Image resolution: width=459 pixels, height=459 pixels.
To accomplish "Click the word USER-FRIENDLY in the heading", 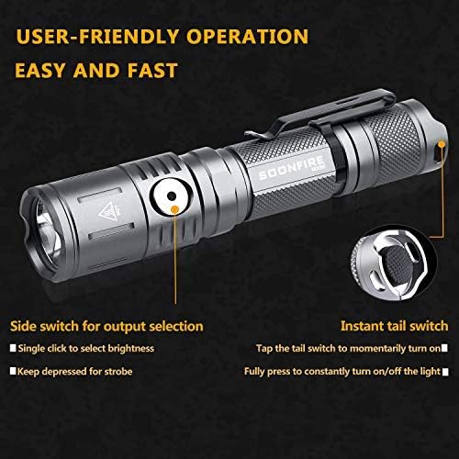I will (x=93, y=38).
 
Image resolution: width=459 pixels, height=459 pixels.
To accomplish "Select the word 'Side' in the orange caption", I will (x=24, y=325).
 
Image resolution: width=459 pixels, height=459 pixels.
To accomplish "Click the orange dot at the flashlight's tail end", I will (x=442, y=144).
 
